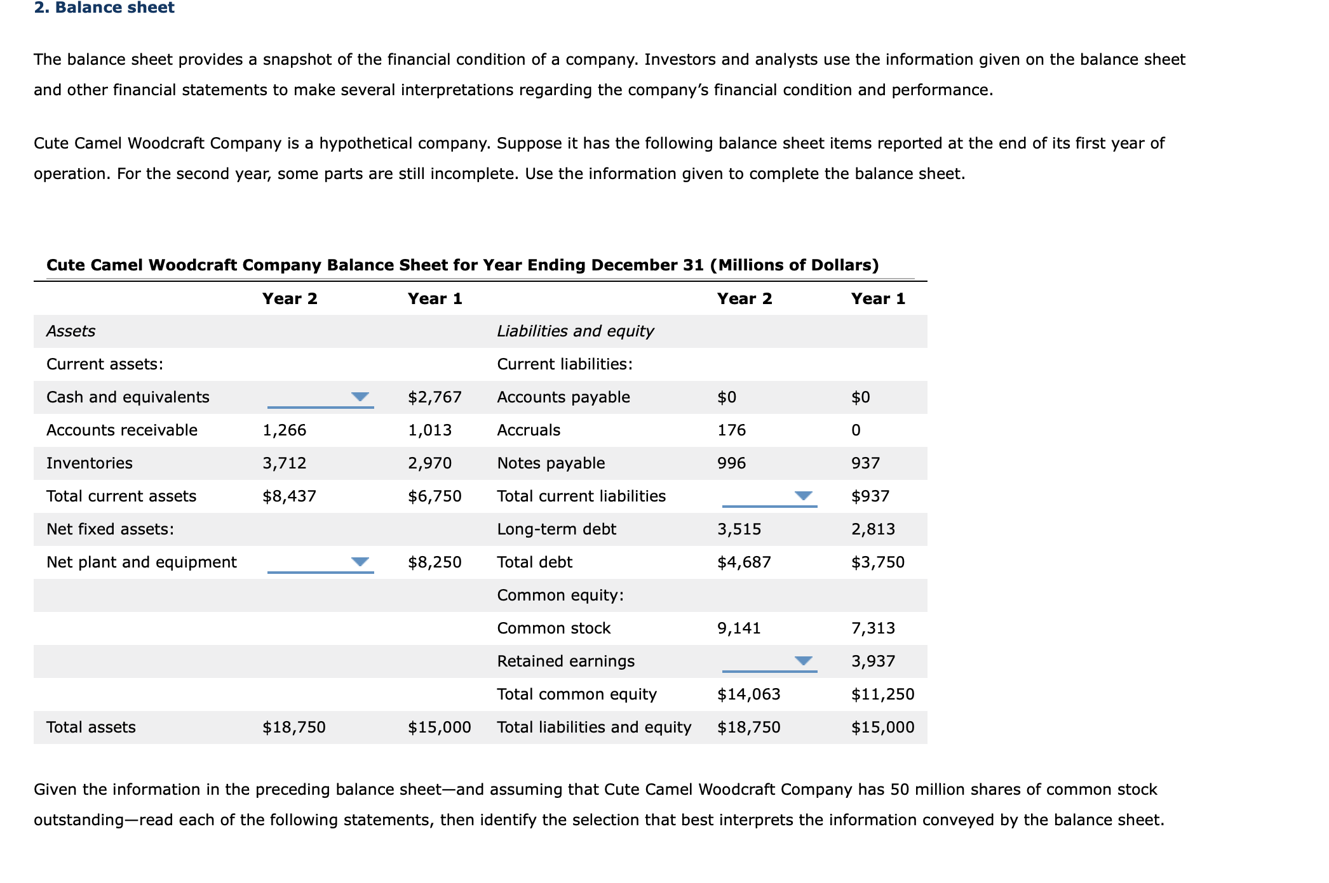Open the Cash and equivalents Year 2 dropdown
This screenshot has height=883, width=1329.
[x=321, y=397]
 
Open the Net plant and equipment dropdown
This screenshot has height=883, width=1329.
[x=321, y=562]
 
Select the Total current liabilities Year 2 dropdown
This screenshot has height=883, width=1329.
[x=769, y=496]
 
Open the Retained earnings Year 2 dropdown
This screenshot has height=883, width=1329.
[x=769, y=661]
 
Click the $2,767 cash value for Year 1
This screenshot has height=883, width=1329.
[x=435, y=397]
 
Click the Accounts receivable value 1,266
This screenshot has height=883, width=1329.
[x=284, y=430]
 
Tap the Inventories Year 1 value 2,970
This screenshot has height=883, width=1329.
[x=429, y=463]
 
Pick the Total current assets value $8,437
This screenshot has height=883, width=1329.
[x=289, y=496]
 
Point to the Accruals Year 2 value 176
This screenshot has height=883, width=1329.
[x=731, y=430]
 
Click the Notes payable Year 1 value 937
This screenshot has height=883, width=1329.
[x=865, y=463]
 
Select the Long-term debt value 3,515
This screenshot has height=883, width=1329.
[x=739, y=529]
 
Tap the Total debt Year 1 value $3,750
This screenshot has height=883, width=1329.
[x=877, y=562]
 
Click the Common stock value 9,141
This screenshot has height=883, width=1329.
[x=739, y=628]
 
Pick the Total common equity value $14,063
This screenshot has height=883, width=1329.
[x=748, y=694]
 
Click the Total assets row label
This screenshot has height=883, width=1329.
[x=91, y=727]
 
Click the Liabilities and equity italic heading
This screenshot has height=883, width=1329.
[x=575, y=331]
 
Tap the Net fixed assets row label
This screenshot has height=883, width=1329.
[x=110, y=529]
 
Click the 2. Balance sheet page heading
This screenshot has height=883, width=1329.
[x=104, y=8]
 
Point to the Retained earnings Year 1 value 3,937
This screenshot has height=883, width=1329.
[x=873, y=661]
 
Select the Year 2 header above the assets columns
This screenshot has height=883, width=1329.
[x=290, y=299]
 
